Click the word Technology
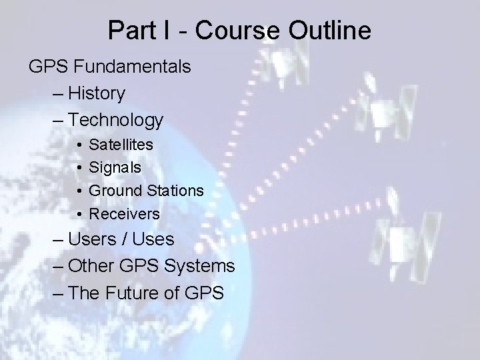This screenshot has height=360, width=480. (x=115, y=120)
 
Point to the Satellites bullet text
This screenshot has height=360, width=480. (x=121, y=144)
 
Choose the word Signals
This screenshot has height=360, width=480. (x=115, y=167)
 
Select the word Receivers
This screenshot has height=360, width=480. (x=125, y=214)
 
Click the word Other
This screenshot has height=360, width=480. (x=93, y=266)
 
